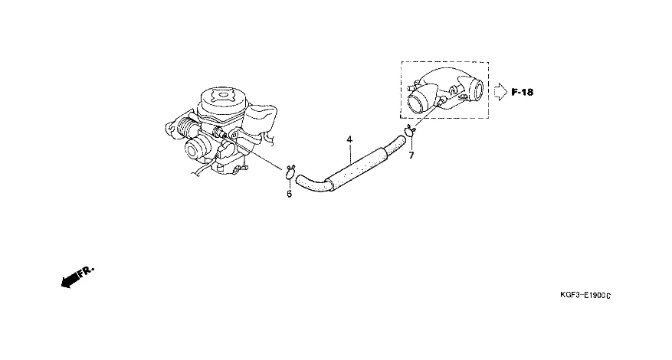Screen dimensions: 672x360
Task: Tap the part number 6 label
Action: point(289,194)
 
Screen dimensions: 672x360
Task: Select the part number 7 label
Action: point(411,155)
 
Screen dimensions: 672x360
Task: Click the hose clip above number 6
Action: point(290,170)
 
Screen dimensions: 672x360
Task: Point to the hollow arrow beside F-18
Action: point(498,92)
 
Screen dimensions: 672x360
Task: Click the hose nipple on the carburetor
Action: point(224,136)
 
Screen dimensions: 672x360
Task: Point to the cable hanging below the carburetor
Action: point(198,170)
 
